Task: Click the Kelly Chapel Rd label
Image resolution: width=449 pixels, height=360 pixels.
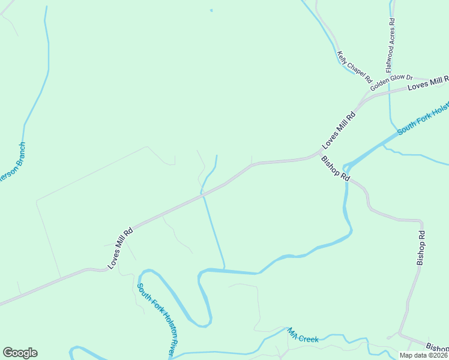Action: point(355,67)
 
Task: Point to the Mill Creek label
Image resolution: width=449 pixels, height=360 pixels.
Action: point(303,336)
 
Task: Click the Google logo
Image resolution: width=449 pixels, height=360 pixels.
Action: point(20,353)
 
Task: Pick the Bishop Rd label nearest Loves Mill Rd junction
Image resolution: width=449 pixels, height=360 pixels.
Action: point(336,169)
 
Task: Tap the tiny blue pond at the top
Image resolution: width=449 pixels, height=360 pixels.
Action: point(211,10)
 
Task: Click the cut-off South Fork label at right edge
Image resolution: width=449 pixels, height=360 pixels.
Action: point(423,119)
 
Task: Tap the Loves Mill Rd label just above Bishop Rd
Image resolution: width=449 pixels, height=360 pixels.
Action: point(339,129)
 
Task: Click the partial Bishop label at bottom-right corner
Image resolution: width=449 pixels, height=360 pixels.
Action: point(437,347)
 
